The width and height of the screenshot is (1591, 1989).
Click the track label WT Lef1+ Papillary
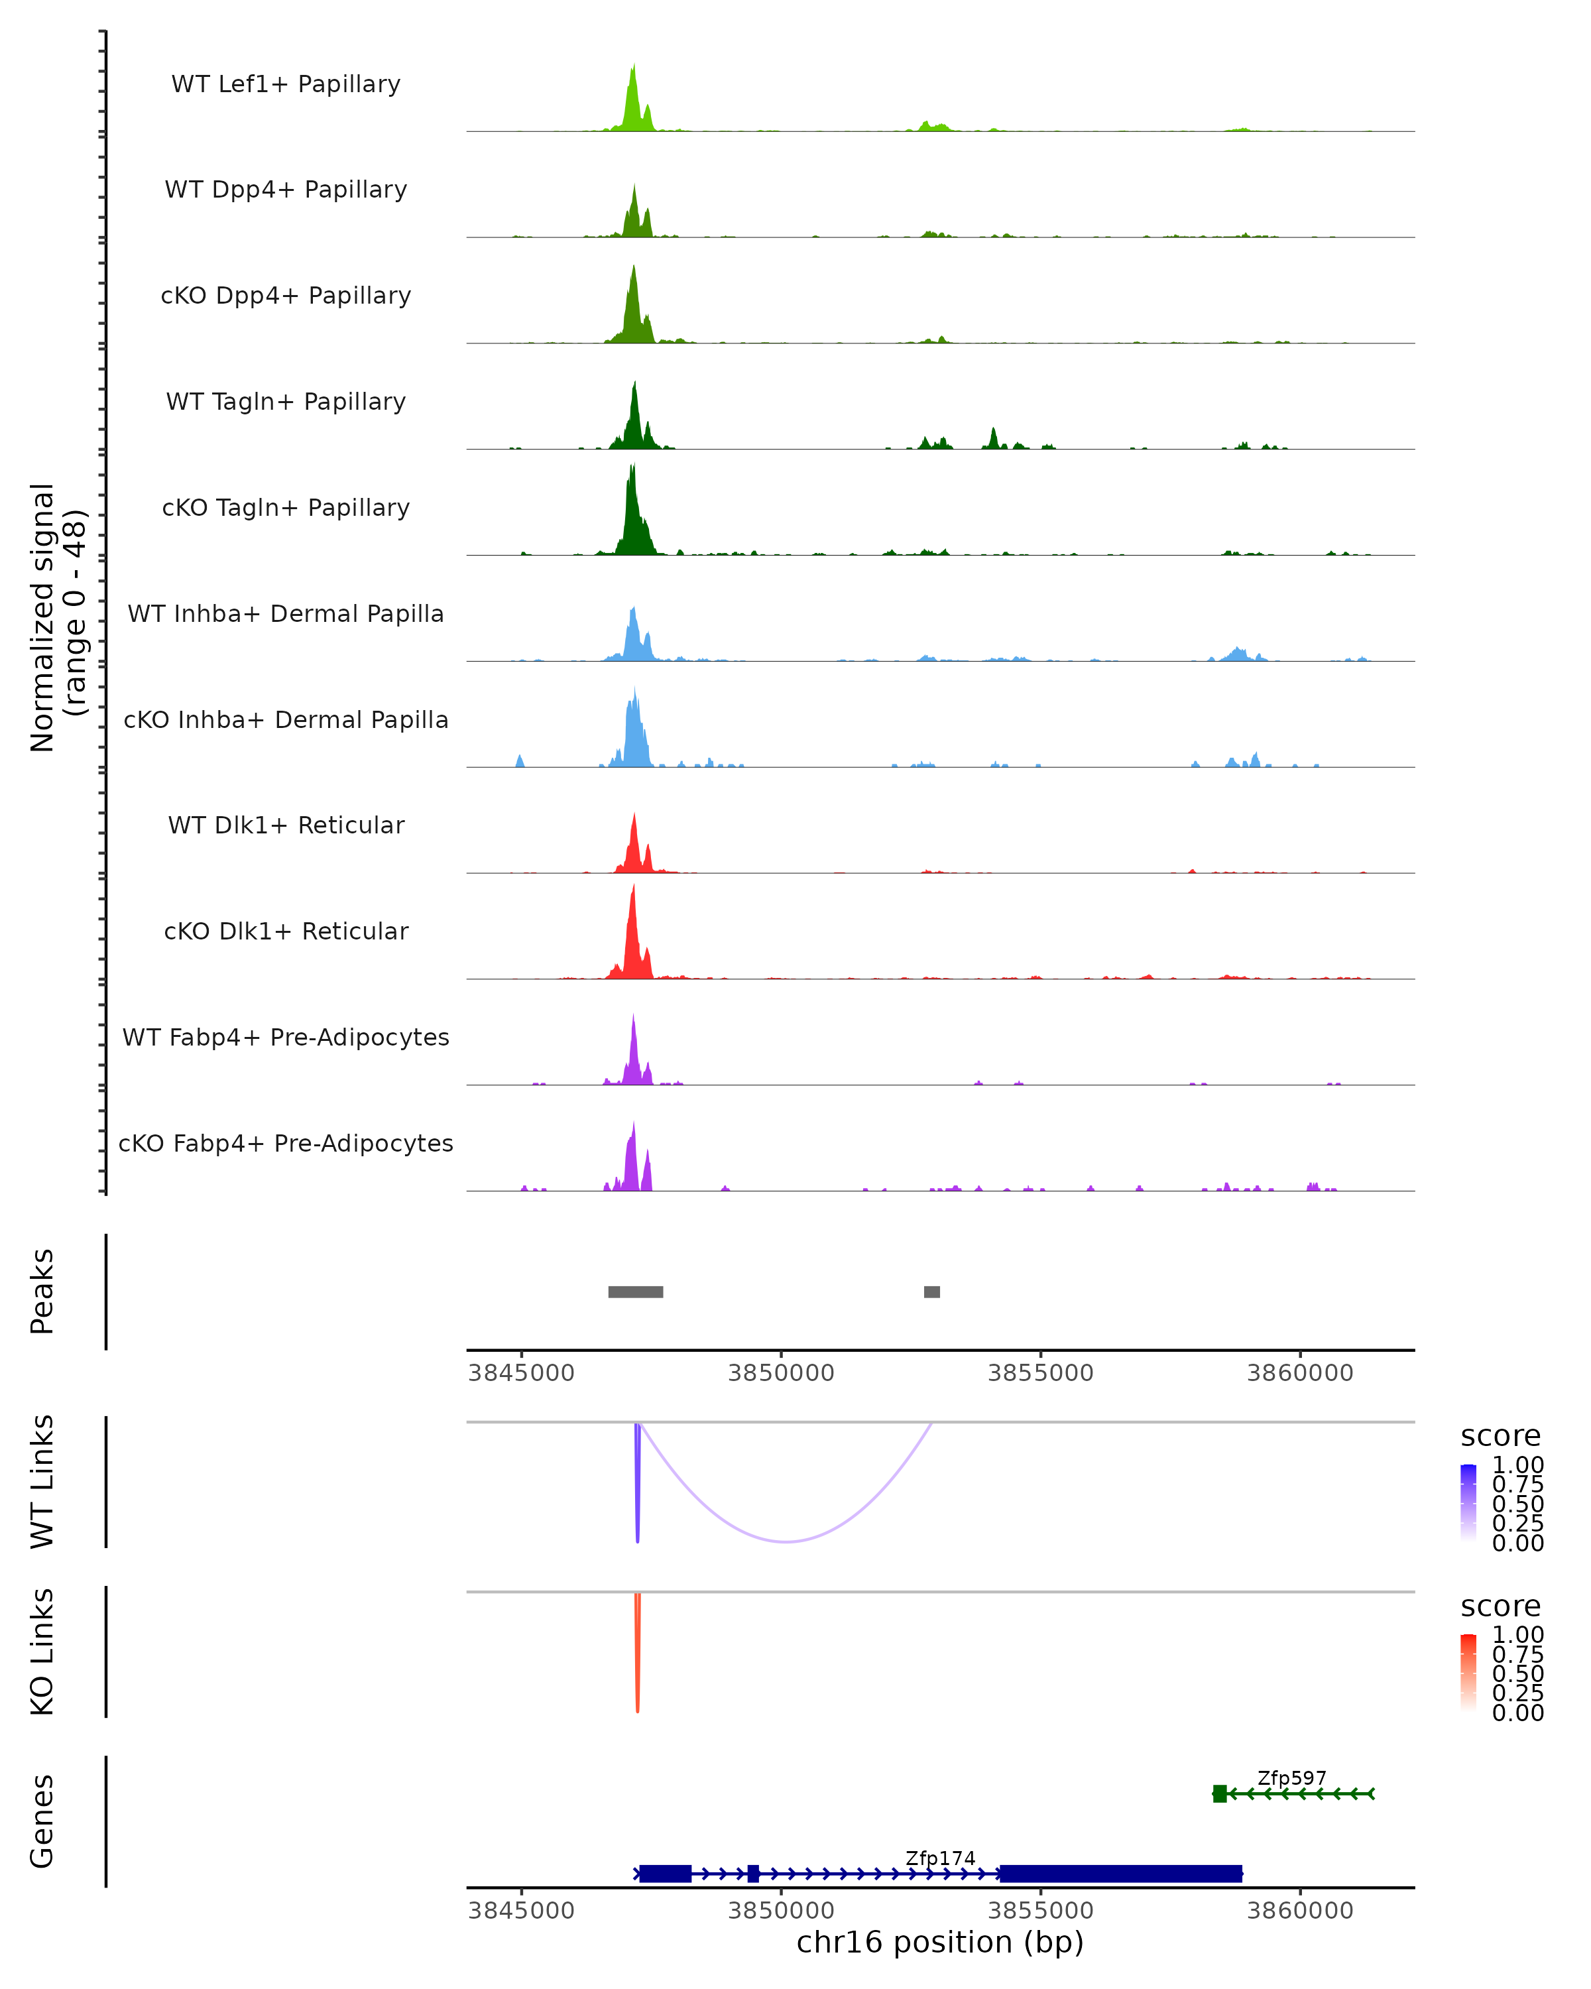click(286, 84)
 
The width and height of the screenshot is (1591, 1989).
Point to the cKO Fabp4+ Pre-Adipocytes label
click(286, 1143)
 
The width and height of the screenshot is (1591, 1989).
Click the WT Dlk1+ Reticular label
click(286, 825)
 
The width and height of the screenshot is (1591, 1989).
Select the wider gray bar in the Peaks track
click(636, 1292)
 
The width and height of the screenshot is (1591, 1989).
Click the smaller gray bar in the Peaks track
click(931, 1292)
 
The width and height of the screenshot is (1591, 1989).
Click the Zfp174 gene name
click(940, 1858)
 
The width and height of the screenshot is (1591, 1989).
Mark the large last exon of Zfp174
click(1120, 1874)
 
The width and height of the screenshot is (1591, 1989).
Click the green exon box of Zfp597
click(1219, 1793)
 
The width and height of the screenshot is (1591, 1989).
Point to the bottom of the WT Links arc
click(786, 1541)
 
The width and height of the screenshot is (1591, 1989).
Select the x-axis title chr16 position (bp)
click(940, 1943)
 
